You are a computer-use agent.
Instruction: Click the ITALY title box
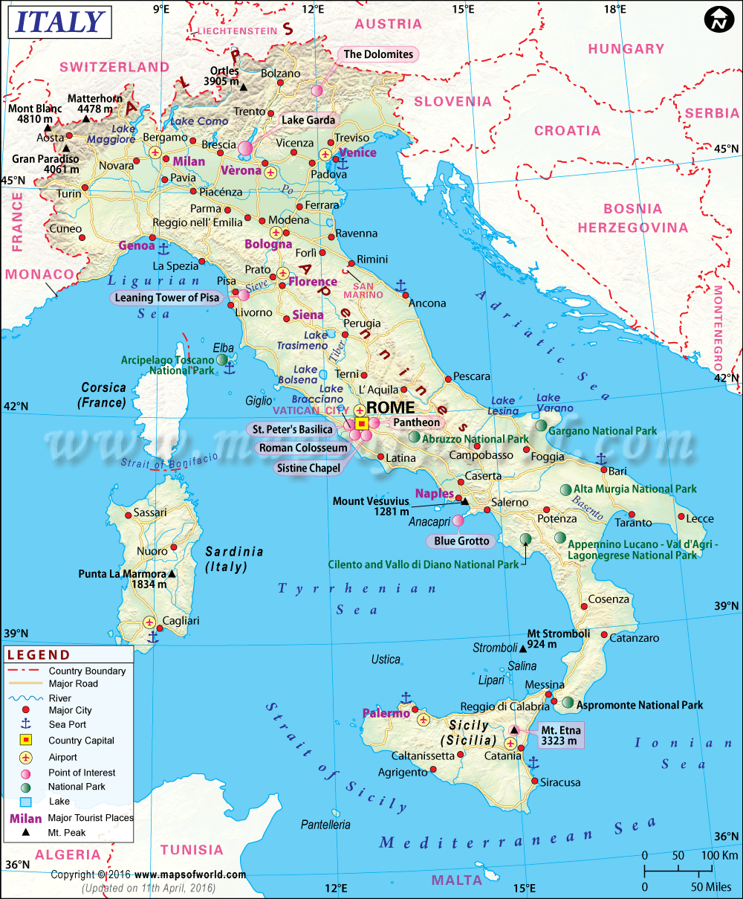(59, 22)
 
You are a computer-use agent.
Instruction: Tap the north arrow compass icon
(718, 20)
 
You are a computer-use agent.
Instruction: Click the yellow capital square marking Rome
(362, 424)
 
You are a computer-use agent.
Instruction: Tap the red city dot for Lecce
(681, 516)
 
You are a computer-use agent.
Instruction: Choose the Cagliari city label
(181, 620)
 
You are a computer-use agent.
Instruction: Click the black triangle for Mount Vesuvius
(465, 501)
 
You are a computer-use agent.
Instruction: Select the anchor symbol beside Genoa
(164, 246)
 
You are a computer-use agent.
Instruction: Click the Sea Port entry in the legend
(68, 724)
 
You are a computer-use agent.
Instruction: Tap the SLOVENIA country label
(452, 101)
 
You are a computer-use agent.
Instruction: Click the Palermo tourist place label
(386, 713)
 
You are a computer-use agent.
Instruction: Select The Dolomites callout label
(377, 54)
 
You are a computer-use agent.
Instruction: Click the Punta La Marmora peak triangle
(172, 574)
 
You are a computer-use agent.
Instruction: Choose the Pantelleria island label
(325, 825)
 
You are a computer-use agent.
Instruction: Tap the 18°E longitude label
(614, 9)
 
